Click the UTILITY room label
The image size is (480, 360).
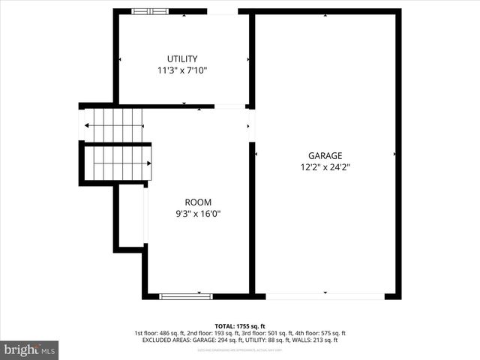point(182,58)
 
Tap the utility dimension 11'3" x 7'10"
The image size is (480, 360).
point(182,70)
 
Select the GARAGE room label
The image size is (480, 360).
point(325,155)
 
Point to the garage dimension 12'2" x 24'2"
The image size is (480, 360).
point(325,167)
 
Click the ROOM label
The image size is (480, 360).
point(198,202)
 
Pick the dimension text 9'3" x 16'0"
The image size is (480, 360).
point(198,214)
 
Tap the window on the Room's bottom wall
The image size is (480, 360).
point(181,296)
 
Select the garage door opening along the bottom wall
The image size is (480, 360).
point(325,295)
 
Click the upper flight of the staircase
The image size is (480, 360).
point(112,124)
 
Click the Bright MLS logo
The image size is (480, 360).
point(30,349)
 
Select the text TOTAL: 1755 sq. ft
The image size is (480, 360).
point(240,325)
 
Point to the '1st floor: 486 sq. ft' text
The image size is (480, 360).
point(160,333)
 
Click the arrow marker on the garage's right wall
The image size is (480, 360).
point(394,154)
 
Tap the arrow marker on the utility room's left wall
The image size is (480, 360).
point(120,58)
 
